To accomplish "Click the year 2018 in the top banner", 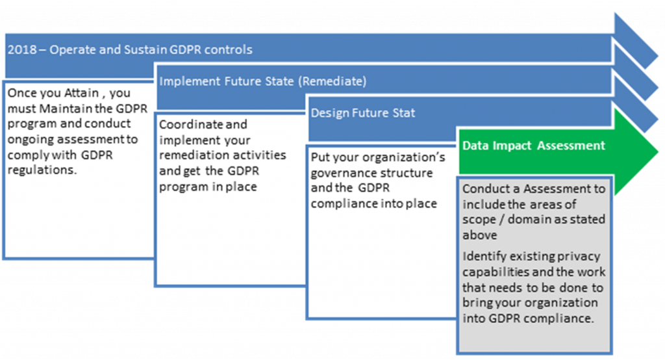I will click(x=19, y=49).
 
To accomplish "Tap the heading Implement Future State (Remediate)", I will click(x=262, y=82).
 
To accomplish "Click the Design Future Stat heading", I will click(x=362, y=113).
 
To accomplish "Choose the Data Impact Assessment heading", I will click(x=533, y=146).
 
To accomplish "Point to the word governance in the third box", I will click(x=342, y=174).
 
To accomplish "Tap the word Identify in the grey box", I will click(x=482, y=256).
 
